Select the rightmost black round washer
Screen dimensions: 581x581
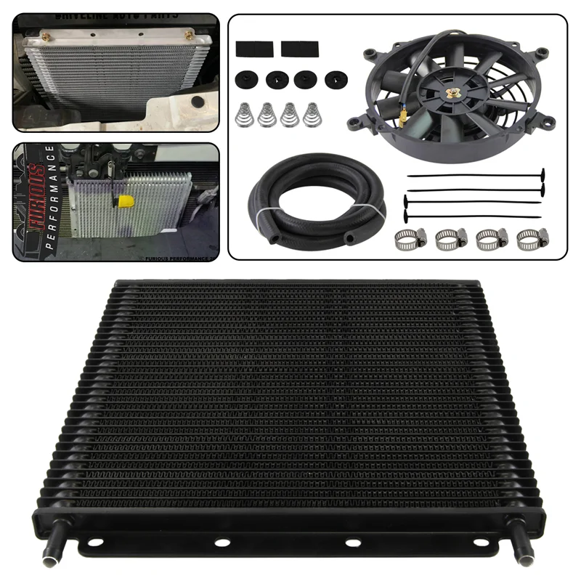point(335,79)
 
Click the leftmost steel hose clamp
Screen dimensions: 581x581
point(407,237)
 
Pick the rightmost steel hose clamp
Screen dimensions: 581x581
point(529,237)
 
